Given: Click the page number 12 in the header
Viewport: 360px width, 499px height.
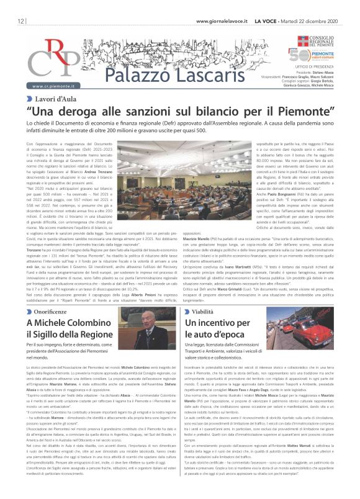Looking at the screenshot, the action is point(12,21).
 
